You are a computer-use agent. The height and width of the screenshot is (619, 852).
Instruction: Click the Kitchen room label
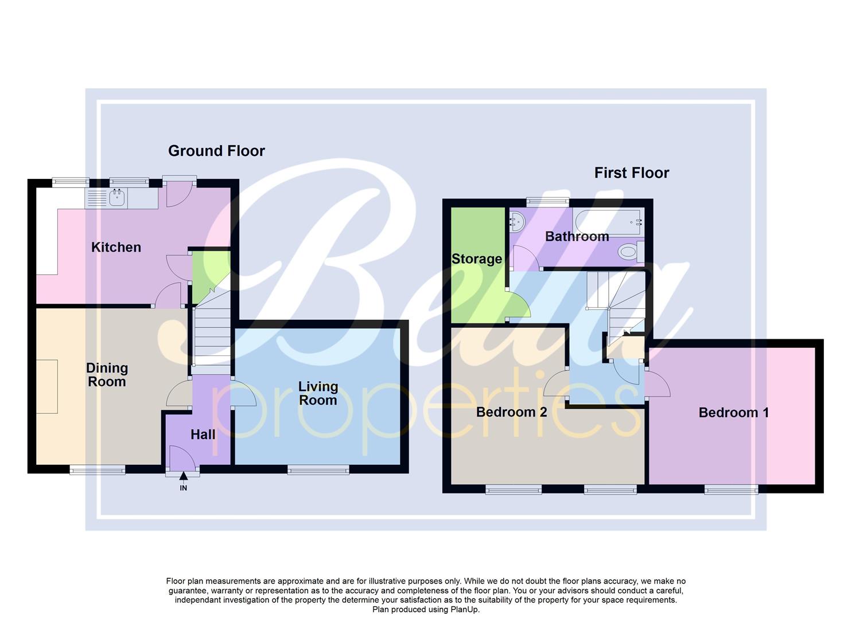pos(116,247)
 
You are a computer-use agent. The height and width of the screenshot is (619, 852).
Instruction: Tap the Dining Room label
pos(107,375)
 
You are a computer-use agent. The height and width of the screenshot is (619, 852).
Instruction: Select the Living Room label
pos(318,393)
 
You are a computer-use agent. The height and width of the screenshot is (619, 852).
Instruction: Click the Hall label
pos(203,434)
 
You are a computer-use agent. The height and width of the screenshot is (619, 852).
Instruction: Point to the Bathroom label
pos(577,236)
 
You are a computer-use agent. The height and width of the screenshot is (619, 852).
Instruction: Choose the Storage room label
pos(477,258)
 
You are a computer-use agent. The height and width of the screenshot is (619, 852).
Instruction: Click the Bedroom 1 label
pos(733,413)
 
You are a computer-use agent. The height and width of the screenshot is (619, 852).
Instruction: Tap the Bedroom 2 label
pos(511,412)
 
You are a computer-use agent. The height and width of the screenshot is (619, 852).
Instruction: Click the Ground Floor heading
pos(216,151)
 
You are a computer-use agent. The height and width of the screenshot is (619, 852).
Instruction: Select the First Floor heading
pos(631,173)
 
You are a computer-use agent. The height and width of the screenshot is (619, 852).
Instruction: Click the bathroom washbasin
pos(516,221)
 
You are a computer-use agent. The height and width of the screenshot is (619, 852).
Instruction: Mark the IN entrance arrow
pos(183,476)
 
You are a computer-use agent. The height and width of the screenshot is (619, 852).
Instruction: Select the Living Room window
pos(318,471)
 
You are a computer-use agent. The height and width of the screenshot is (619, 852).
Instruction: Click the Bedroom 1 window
pos(731,489)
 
